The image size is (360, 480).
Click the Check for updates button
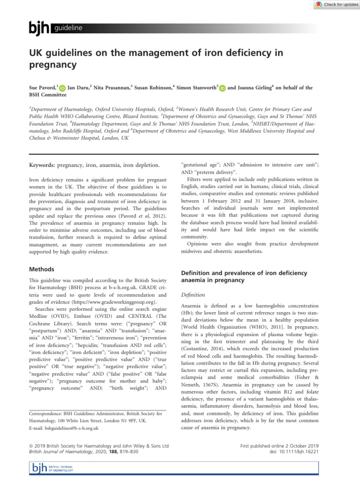coord(333,4)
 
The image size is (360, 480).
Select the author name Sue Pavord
coord(42,87)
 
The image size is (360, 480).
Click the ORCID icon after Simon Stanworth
coord(222,88)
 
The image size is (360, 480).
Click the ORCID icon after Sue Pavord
coord(62,88)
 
